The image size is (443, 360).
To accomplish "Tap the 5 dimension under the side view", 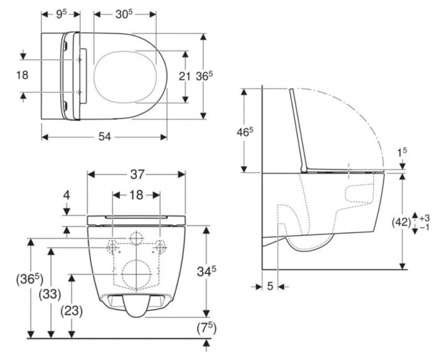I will click(270, 286).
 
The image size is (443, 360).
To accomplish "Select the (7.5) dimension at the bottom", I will click(206, 328).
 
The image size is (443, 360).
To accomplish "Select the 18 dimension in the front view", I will click(137, 194).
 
